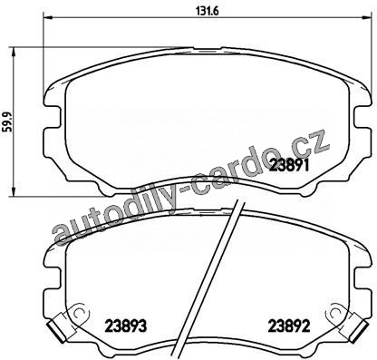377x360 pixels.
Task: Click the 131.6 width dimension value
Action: (x=208, y=11)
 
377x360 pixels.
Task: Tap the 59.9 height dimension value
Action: (x=6, y=122)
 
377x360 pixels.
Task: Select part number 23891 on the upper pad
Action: (x=289, y=165)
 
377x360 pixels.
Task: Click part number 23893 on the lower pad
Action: (x=126, y=326)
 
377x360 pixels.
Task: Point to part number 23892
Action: (x=289, y=326)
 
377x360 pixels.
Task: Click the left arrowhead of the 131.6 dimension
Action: (x=49, y=17)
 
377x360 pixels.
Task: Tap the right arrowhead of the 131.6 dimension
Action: (x=367, y=17)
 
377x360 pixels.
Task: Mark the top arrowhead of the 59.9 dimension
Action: (x=13, y=52)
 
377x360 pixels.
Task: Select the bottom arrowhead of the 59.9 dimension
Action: (x=13, y=191)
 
